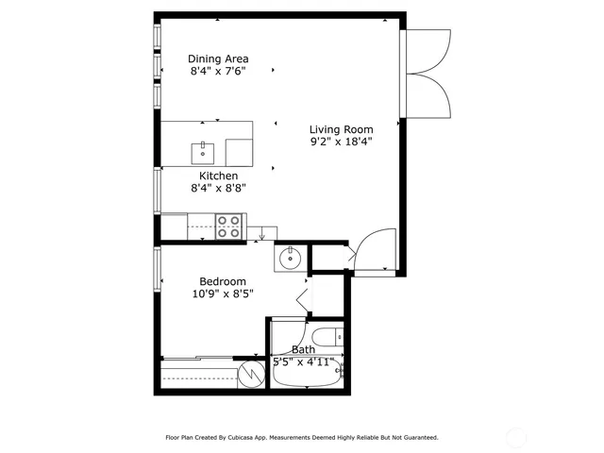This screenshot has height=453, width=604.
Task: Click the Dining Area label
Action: [x=218, y=58]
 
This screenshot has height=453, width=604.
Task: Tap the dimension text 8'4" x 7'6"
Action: [x=218, y=71]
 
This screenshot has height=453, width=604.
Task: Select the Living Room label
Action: [x=342, y=129]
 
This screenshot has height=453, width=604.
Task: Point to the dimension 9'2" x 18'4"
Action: [x=342, y=143]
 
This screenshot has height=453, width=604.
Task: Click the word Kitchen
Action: [x=218, y=176]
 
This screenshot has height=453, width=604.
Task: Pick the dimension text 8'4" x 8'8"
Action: [x=218, y=189]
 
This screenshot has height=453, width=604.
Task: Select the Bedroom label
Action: [x=223, y=281]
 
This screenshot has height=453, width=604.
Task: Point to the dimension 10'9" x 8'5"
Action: [x=223, y=294]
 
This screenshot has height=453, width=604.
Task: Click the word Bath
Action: [x=303, y=349]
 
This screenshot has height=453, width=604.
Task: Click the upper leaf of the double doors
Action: [x=426, y=51]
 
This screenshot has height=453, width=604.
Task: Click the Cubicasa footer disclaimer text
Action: [x=302, y=438]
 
